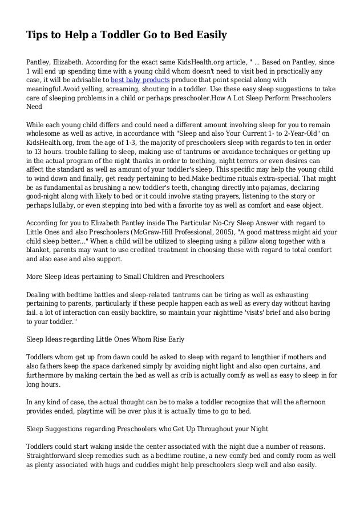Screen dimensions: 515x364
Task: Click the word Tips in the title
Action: coord(37,36)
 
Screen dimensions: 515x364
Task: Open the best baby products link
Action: coord(137,80)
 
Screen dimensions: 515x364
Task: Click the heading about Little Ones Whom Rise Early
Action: coord(106,339)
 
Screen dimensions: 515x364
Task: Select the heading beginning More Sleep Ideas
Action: coord(126,277)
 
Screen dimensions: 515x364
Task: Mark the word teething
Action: coord(197,160)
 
